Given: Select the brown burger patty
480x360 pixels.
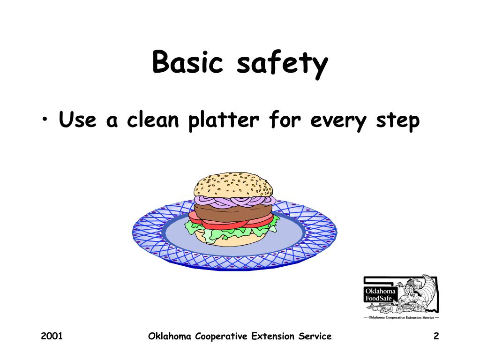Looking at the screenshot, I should [233, 212].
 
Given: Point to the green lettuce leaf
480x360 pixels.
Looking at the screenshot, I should [197, 229].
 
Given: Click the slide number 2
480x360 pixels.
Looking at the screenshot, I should [436, 336].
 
